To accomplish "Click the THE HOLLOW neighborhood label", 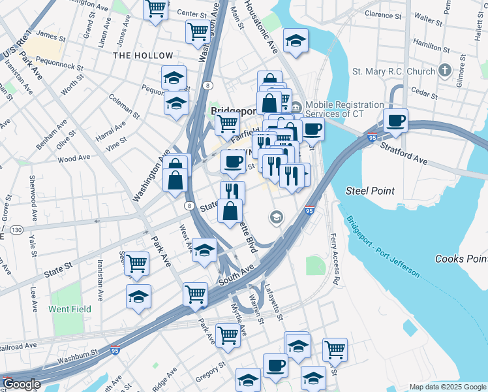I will click(143, 56).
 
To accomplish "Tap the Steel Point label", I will click(370, 191).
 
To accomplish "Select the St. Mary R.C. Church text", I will click(393, 71).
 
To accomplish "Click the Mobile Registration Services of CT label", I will click(344, 109).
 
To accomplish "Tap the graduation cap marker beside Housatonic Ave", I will click(296, 41).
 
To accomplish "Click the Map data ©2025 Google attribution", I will click(448, 387).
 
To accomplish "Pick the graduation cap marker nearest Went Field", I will click(138, 297).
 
